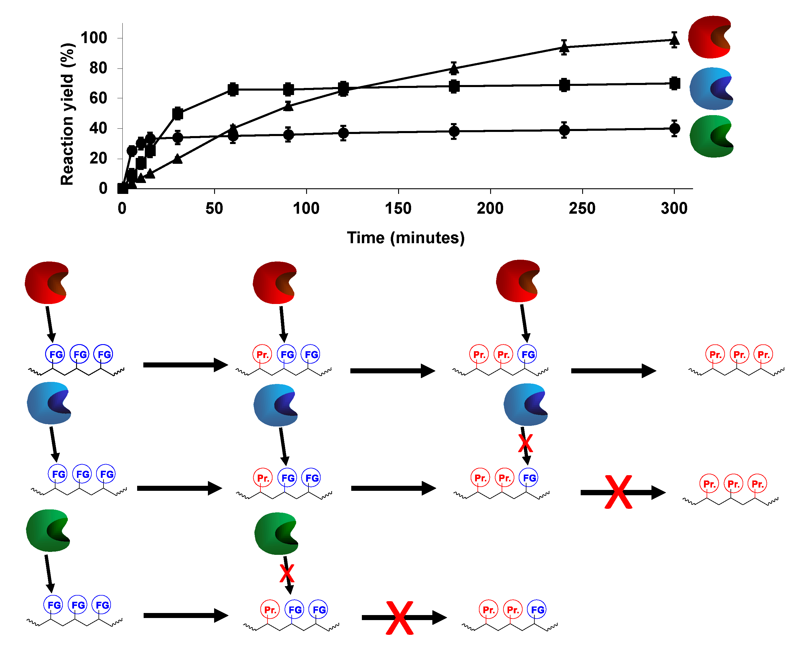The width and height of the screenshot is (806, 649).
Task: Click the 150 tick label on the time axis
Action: (x=398, y=208)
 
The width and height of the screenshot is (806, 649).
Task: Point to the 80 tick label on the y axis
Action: (x=98, y=68)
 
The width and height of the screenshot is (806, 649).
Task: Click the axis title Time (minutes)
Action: (x=406, y=238)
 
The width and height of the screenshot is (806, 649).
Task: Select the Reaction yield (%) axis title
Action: (x=67, y=114)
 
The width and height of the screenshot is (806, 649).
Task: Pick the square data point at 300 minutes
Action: (x=674, y=84)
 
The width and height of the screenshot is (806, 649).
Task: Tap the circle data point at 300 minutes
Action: (x=674, y=129)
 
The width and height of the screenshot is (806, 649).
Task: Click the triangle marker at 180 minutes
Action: (x=454, y=68)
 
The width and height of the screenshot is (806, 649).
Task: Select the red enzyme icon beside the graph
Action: (x=710, y=37)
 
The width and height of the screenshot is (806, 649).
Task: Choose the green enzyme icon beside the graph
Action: (x=711, y=137)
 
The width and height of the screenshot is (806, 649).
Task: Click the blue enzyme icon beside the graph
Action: (x=711, y=89)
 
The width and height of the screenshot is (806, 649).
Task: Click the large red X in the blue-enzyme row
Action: (x=618, y=492)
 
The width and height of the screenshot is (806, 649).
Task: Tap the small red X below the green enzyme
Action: (x=287, y=573)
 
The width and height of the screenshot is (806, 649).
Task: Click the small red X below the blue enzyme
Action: (x=525, y=443)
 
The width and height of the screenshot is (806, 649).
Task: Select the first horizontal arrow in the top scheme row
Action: (x=185, y=365)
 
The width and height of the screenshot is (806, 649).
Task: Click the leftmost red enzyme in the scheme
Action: (x=47, y=282)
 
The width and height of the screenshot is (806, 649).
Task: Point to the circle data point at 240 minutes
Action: (x=564, y=130)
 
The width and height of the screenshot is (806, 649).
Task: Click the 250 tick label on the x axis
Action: (x=582, y=208)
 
